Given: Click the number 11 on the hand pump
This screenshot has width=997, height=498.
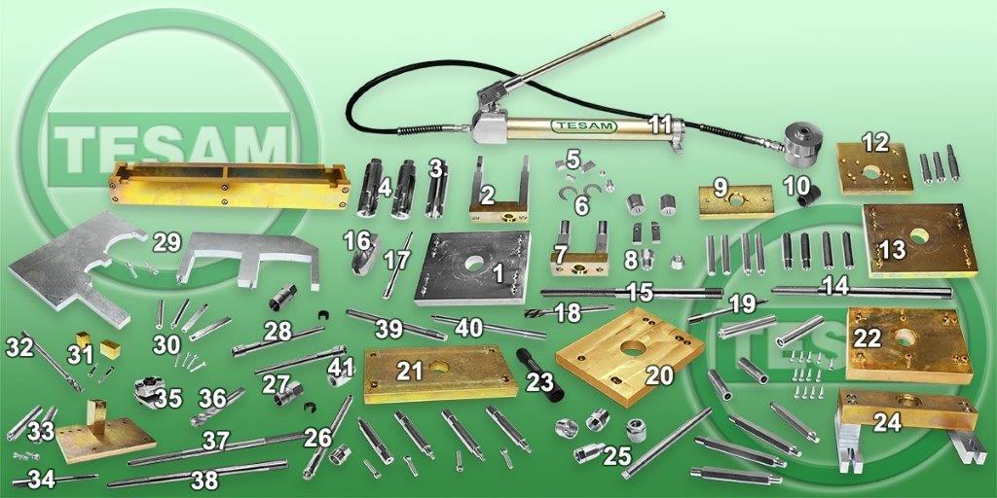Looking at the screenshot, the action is [x=660, y=124].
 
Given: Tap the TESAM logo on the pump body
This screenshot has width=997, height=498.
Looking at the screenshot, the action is [x=584, y=125].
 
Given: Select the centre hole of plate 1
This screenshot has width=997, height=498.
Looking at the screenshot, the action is [x=474, y=264].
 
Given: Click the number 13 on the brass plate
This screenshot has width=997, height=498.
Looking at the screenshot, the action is [x=892, y=250].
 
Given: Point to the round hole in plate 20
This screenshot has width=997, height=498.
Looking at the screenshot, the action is [x=633, y=348].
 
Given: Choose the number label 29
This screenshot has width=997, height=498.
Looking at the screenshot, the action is [x=166, y=242].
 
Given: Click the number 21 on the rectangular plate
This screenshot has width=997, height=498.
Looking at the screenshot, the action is [x=410, y=372].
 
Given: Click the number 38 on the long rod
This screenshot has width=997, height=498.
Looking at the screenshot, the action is [x=204, y=480].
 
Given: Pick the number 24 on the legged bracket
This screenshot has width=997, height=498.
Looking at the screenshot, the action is [x=886, y=422].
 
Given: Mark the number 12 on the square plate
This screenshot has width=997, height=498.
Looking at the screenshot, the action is [x=875, y=142].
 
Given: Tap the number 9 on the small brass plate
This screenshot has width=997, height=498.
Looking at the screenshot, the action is [x=720, y=188].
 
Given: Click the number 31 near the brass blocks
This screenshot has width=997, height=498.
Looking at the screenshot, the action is [x=80, y=354].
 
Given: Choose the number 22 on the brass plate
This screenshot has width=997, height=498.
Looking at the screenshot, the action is [x=868, y=338].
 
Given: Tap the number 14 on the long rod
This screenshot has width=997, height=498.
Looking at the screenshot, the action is [x=835, y=286].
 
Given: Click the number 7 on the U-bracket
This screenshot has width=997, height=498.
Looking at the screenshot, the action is [x=560, y=256].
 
